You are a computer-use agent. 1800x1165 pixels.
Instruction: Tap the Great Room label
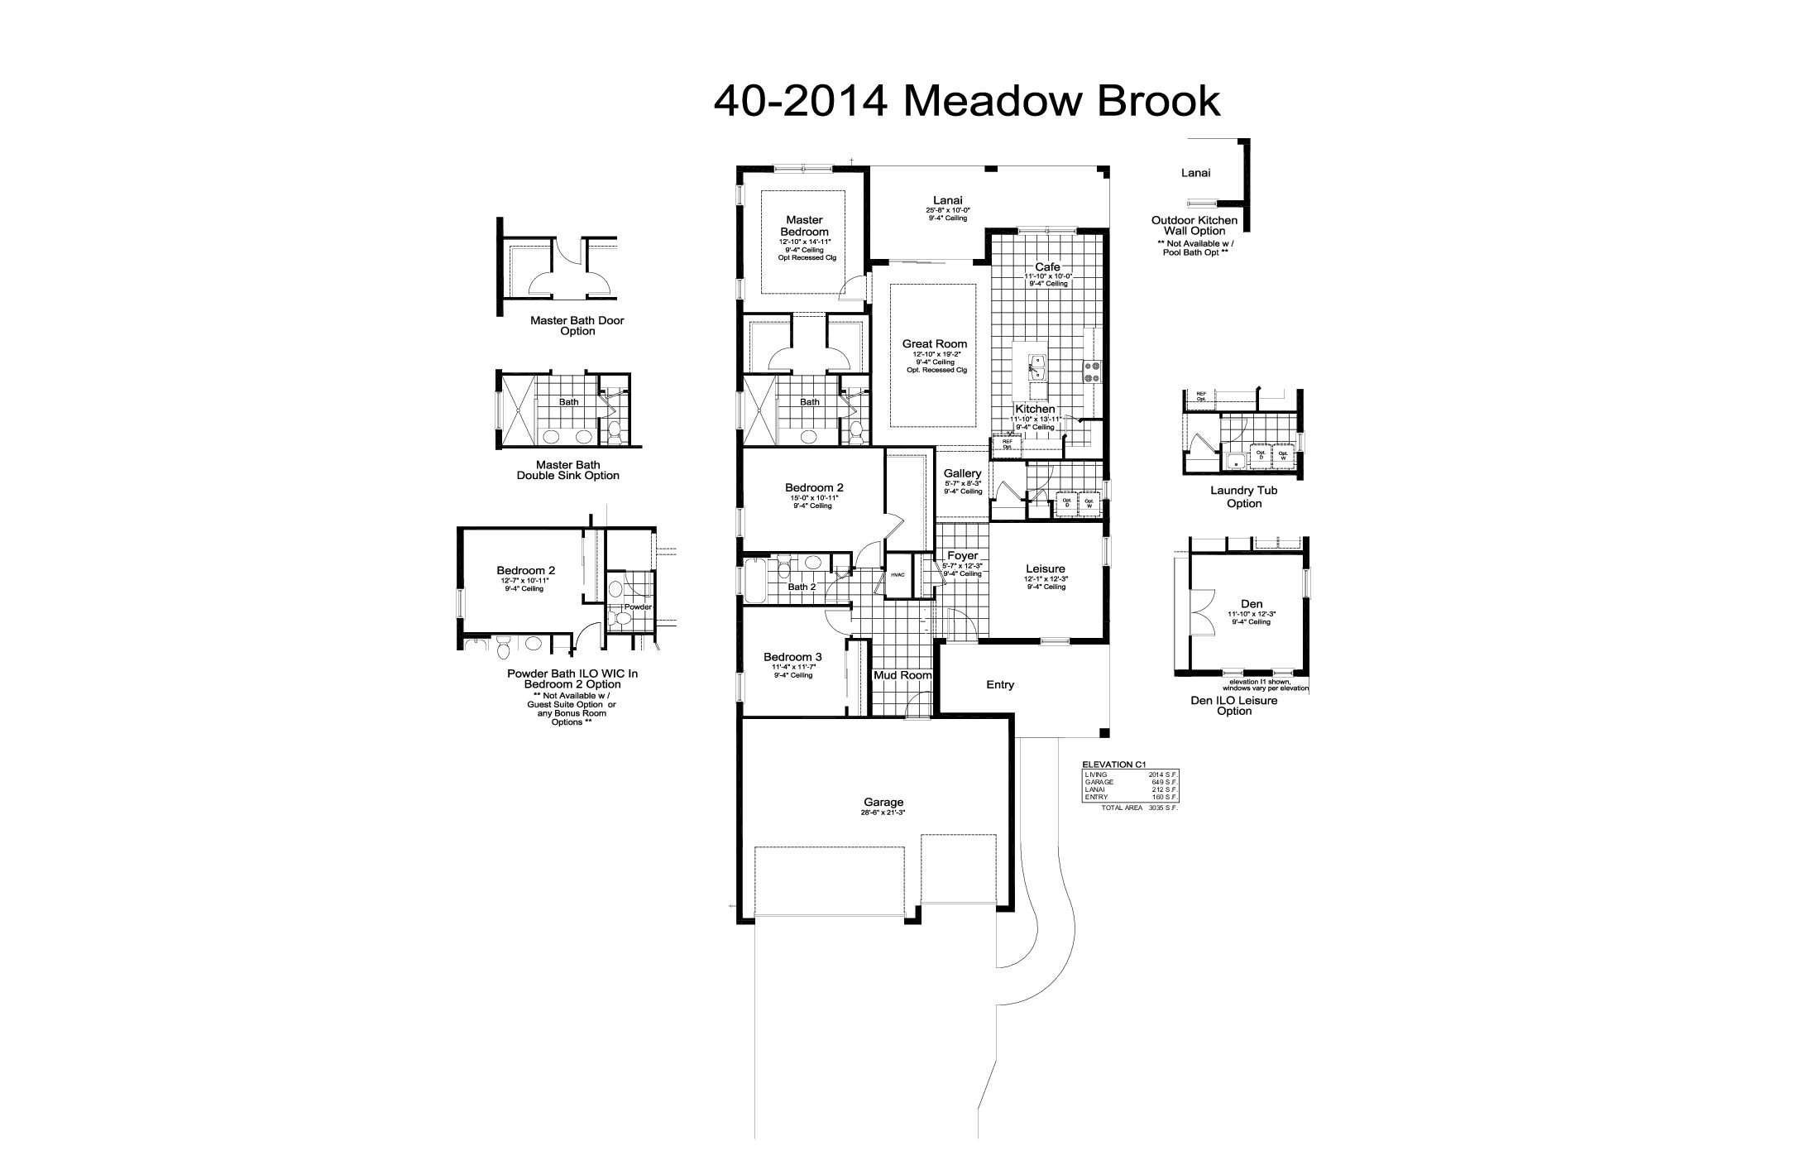click(x=934, y=344)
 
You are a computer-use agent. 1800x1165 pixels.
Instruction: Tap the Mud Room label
click(x=902, y=675)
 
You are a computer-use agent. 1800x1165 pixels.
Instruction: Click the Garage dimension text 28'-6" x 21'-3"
click(x=883, y=813)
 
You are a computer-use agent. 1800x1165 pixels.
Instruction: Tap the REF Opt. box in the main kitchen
click(x=1007, y=443)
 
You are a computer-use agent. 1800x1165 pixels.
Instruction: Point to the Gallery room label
click(x=962, y=474)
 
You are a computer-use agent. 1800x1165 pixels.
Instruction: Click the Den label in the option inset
click(x=1252, y=604)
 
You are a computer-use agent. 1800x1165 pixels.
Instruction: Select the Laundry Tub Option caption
click(x=1243, y=496)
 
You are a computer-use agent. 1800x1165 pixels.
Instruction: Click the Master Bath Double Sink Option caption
click(x=567, y=470)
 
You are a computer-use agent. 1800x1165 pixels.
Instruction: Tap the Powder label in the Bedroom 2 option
click(x=638, y=606)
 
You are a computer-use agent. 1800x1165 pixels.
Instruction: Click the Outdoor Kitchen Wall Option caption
click(x=1194, y=225)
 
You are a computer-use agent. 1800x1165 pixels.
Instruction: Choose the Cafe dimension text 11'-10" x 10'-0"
click(x=1047, y=276)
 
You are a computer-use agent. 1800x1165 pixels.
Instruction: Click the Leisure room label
click(x=1046, y=569)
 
